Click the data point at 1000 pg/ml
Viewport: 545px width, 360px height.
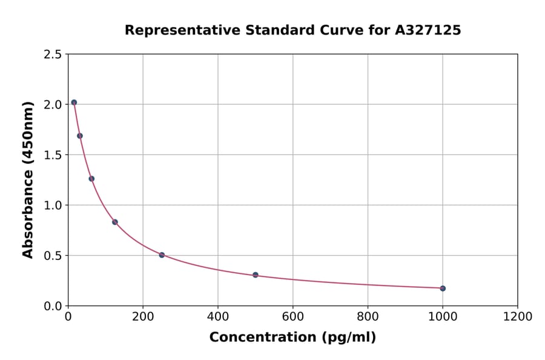point(443,288)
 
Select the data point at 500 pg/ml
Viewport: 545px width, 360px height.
point(256,275)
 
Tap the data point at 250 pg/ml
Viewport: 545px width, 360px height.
point(162,255)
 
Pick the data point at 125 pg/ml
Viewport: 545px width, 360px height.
point(115,222)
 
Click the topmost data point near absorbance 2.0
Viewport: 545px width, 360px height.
point(74,102)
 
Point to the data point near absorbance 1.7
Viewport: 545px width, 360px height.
point(80,136)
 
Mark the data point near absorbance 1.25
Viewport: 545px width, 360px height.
point(91,179)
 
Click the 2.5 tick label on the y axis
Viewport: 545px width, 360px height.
point(52,55)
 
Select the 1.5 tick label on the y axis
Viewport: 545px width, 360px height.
point(52,155)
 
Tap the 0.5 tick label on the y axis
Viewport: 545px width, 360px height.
point(52,256)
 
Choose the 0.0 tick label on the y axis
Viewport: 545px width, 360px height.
point(52,306)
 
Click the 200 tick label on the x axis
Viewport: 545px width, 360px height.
point(143,317)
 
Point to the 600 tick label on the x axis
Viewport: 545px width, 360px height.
point(293,317)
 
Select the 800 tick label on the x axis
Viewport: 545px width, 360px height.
point(368,317)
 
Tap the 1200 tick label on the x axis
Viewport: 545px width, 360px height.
point(518,317)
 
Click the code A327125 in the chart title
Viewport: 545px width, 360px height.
point(427,30)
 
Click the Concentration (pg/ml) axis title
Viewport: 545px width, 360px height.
point(292,338)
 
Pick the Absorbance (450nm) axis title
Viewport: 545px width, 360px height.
point(28,180)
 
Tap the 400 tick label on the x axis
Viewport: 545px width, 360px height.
point(218,317)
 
